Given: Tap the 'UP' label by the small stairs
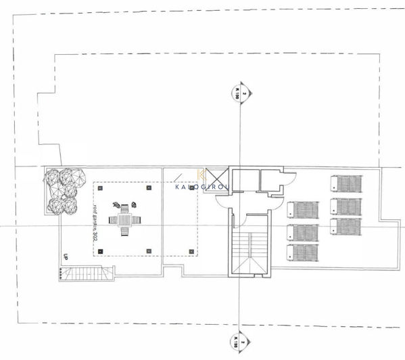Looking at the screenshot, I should point(65,258).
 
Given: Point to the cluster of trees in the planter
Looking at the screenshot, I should point(64,190).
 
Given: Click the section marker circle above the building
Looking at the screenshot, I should point(237,95).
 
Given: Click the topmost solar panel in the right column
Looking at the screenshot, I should point(346,184).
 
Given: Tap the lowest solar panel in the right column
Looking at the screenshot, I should point(346,227).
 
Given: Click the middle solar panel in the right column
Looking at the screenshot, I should point(346,206).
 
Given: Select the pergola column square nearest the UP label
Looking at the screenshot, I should point(100,251).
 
